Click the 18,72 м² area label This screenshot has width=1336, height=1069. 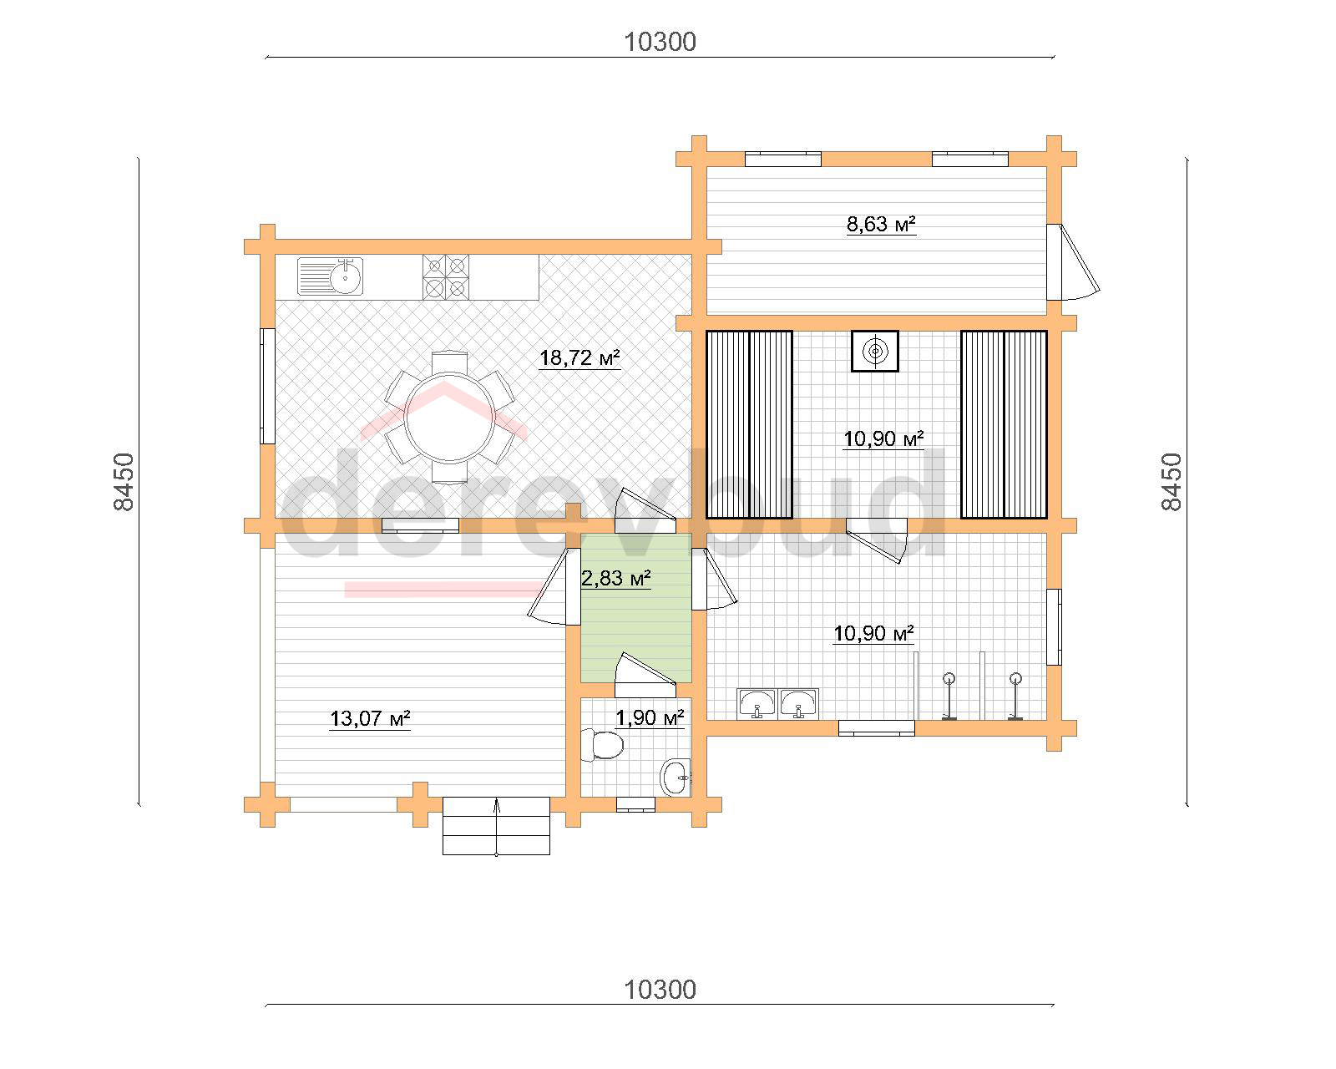pyautogui.click(x=579, y=358)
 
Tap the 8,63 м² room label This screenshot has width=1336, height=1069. pyautogui.click(x=881, y=224)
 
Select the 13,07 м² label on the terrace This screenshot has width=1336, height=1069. pyautogui.click(x=370, y=719)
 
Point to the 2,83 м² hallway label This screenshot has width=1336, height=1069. pyautogui.click(x=616, y=578)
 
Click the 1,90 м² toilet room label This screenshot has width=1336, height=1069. pyautogui.click(x=650, y=718)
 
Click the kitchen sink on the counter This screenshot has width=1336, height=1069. pyautogui.click(x=330, y=276)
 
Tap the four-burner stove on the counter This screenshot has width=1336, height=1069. pyautogui.click(x=445, y=277)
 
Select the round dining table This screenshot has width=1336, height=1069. pyautogui.click(x=449, y=417)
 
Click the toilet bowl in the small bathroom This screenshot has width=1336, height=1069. pyautogui.click(x=601, y=746)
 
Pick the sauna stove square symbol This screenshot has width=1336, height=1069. pyautogui.click(x=875, y=351)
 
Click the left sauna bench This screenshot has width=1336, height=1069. pyautogui.click(x=749, y=425)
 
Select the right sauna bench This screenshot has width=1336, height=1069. pyautogui.click(x=1004, y=425)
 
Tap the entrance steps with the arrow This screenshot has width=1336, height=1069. pyautogui.click(x=496, y=826)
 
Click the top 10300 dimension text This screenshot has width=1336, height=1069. pyautogui.click(x=660, y=43)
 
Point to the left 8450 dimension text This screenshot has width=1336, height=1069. pyautogui.click(x=124, y=482)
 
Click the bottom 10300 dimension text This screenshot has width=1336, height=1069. pyautogui.click(x=660, y=990)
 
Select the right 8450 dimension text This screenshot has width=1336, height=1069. pyautogui.click(x=1172, y=482)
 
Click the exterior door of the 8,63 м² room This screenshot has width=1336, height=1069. pyautogui.click(x=1072, y=263)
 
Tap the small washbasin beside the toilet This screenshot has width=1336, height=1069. pyautogui.click(x=675, y=777)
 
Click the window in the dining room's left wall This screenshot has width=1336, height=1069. pyautogui.click(x=267, y=386)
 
